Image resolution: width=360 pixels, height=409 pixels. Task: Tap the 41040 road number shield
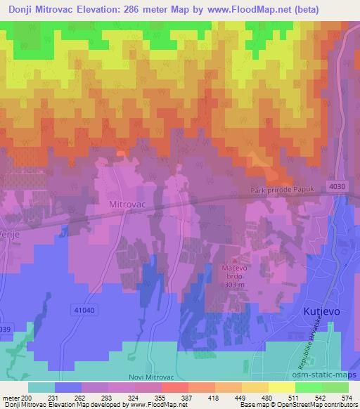point(83,309)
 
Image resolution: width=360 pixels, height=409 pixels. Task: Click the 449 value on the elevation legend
point(236,397)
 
